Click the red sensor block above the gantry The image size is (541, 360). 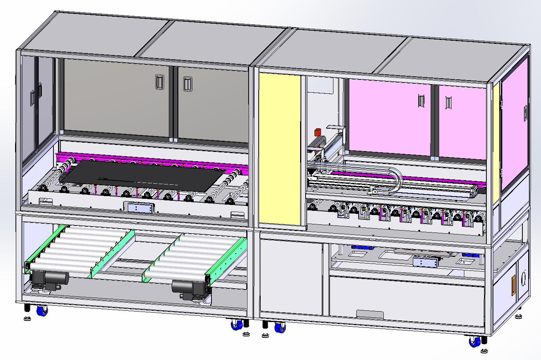coord(318,132)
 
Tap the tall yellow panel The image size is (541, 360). coord(280,149)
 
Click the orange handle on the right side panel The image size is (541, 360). coord(514,285)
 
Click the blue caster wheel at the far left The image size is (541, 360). coord(42,311)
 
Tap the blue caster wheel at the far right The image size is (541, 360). coord(474,342)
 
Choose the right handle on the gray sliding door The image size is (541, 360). coord(187,84)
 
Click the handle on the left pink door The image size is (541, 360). coord(421,101)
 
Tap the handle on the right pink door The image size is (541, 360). coord(448,103)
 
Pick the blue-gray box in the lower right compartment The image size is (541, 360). coord(426,262)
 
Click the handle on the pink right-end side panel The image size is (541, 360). coord(526,113)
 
